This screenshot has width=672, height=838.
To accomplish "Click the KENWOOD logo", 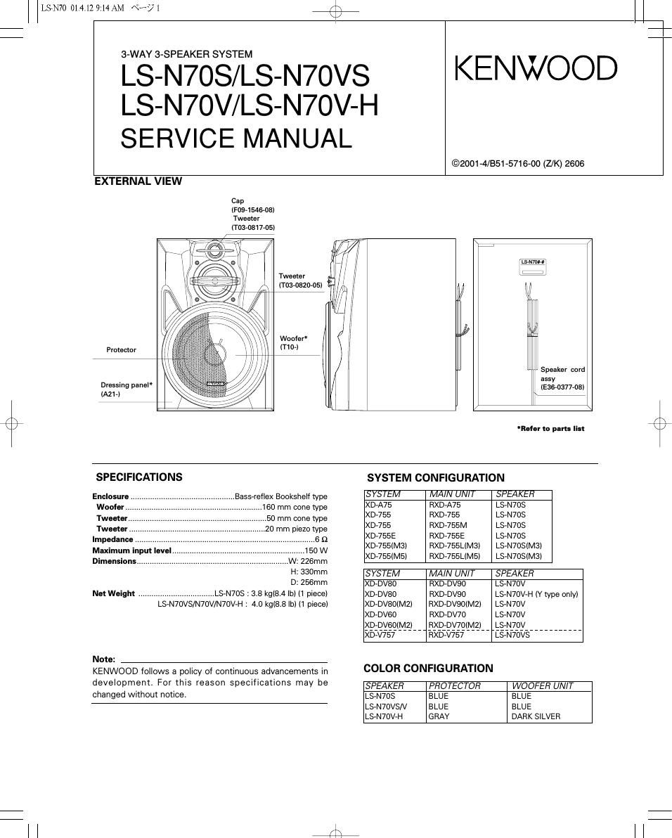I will tap(536, 68).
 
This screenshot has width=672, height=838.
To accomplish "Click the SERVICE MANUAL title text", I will tap(235, 138).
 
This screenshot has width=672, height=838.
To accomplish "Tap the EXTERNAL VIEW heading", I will tap(138, 181).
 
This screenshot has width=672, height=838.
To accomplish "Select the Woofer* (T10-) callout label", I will tap(293, 342).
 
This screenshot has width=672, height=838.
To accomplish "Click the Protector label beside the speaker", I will tap(121, 349).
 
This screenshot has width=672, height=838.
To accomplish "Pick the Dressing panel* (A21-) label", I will tap(127, 389).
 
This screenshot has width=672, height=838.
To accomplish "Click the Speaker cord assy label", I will tap(562, 378).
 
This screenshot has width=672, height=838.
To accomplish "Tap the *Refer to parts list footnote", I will tap(550, 428).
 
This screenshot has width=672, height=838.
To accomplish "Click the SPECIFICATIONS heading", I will tap(138, 477).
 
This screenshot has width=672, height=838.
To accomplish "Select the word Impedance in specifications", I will tap(112, 539).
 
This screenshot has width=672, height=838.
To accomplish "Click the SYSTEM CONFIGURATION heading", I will tap(436, 478).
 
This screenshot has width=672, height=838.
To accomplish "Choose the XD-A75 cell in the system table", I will tap(379, 505).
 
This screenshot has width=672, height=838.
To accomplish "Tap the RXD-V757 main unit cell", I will tap(446, 635).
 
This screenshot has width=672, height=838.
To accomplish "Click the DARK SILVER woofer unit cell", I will tap(536, 716).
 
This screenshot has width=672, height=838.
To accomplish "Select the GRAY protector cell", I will tap(439, 716).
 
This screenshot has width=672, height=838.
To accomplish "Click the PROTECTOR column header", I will tap(455, 685).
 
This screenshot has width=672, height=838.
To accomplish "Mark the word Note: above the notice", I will tap(104, 659).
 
